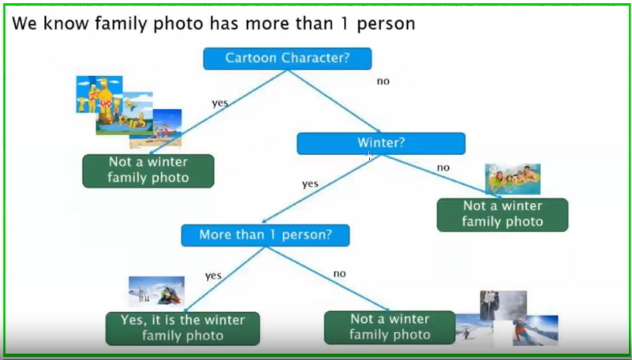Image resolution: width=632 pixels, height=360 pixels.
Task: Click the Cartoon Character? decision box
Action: coord(288,58)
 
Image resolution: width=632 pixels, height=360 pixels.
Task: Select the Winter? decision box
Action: coord(381,144)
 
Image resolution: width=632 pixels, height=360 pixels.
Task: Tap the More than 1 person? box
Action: coord(265,235)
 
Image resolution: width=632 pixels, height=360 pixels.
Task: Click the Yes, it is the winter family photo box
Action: coord(182,328)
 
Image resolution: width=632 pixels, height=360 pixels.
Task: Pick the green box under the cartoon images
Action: coord(148,171)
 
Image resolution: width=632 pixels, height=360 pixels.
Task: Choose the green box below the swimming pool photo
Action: coord(502,214)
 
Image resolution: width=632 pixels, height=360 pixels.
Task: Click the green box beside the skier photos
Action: coord(389,327)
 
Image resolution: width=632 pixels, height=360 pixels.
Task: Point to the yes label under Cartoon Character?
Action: coord(219,102)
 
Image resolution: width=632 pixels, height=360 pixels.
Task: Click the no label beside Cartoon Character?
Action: coord(383,81)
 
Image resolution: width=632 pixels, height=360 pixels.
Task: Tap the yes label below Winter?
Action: coord(310,184)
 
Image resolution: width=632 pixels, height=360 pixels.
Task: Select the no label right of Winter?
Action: coord(443,168)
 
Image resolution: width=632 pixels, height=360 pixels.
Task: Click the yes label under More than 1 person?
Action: coord(212,275)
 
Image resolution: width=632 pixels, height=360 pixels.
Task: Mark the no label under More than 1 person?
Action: coord(340,273)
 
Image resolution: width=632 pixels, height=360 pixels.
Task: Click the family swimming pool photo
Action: coord(513,179)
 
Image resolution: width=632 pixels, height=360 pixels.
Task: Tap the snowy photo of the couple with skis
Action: coord(157,292)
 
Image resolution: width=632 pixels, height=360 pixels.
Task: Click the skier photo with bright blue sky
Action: coord(535,331)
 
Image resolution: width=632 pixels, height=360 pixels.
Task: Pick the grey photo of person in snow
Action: coord(503,305)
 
